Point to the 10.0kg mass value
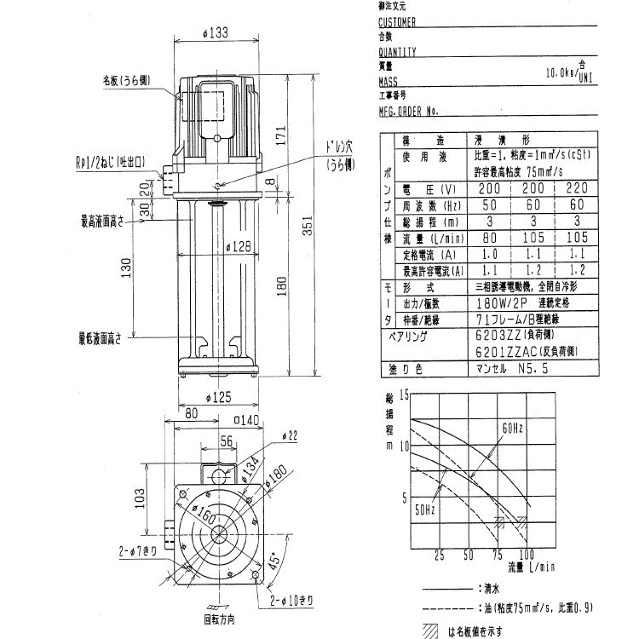[x=557, y=73]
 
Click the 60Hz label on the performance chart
[x=512, y=427]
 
